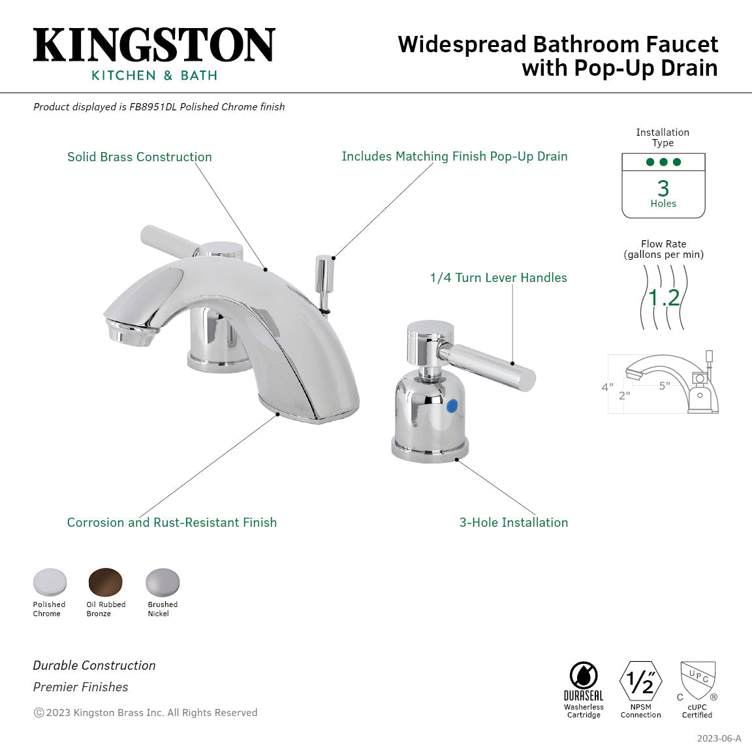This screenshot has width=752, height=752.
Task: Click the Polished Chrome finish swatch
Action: (50, 582)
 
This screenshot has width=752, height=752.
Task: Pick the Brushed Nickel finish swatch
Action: (162, 582)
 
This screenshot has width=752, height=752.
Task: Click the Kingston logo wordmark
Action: (154, 45)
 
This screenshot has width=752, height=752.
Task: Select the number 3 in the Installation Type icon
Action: (663, 188)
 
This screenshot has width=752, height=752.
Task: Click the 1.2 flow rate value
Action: (664, 298)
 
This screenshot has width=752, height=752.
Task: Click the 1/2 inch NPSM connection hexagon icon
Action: (640, 681)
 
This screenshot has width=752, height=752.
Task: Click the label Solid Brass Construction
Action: (140, 157)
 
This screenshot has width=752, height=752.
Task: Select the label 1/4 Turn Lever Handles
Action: (498, 277)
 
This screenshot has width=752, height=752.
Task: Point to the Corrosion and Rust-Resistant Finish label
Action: (172, 522)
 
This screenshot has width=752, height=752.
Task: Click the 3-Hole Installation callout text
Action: (514, 522)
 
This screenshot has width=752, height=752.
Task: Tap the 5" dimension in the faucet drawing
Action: (665, 386)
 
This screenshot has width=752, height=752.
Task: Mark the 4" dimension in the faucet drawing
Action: (607, 387)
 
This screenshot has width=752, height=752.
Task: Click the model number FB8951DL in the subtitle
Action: (153, 107)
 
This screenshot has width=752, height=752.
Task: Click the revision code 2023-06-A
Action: (719, 738)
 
